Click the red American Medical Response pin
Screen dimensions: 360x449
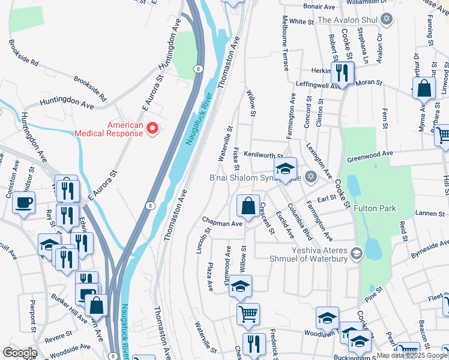point(152,128)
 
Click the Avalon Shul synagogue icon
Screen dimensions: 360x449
point(387,20)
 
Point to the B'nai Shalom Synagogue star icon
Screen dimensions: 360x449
point(310,176)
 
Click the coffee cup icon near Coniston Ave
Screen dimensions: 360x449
point(23,203)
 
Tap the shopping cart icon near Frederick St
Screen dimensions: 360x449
point(248,313)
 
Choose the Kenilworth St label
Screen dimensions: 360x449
point(263,155)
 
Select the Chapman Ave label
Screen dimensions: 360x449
point(222,223)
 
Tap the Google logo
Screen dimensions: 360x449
point(20,353)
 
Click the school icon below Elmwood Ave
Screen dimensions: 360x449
point(241,287)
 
